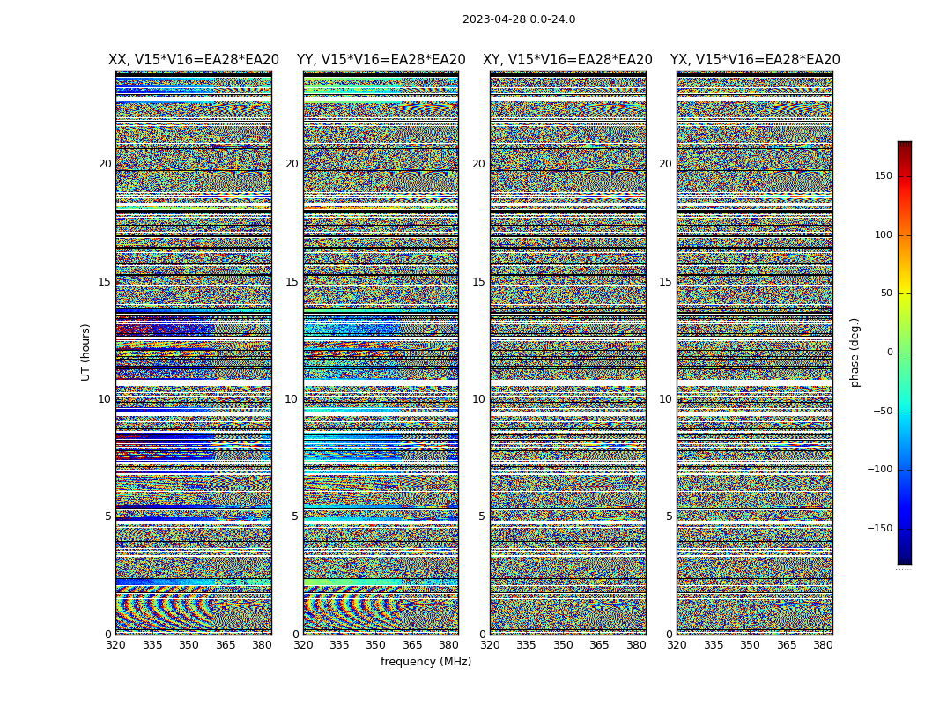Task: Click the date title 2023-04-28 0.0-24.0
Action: click(x=518, y=19)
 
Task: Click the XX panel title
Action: click(x=194, y=60)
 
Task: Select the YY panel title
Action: click(x=381, y=60)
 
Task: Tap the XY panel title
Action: click(x=567, y=60)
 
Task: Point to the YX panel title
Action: click(x=755, y=60)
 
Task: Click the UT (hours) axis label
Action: click(x=86, y=352)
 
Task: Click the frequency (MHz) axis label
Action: click(x=425, y=662)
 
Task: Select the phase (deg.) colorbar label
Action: click(x=855, y=352)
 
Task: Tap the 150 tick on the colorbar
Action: click(x=883, y=176)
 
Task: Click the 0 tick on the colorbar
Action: click(x=889, y=352)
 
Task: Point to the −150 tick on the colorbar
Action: click(x=879, y=529)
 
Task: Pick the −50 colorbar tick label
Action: click(x=882, y=411)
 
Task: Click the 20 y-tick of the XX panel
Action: click(x=105, y=164)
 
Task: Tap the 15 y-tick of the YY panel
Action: click(x=292, y=282)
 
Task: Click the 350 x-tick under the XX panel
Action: click(x=189, y=645)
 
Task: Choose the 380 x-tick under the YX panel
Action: click(x=823, y=645)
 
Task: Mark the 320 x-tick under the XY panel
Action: click(x=490, y=645)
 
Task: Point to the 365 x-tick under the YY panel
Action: click(x=412, y=645)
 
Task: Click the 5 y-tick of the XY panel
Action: click(x=482, y=516)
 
